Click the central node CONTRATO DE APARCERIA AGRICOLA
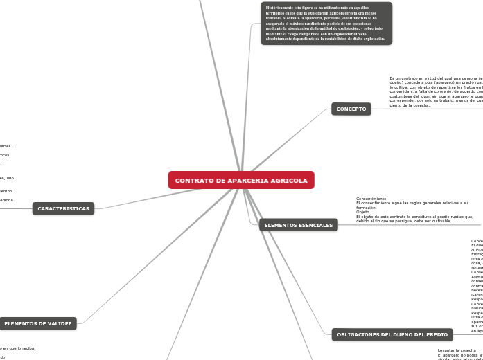[241, 181]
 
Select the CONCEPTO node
[351, 109]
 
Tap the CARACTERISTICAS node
[63, 208]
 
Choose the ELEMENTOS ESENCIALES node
[299, 225]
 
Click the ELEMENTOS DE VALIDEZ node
[38, 323]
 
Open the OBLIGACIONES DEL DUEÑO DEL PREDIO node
[392, 334]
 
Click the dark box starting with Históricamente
[326, 23]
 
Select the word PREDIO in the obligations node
[437, 334]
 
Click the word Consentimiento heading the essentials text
[371, 199]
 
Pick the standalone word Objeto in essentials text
[363, 212]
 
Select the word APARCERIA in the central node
[247, 181]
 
